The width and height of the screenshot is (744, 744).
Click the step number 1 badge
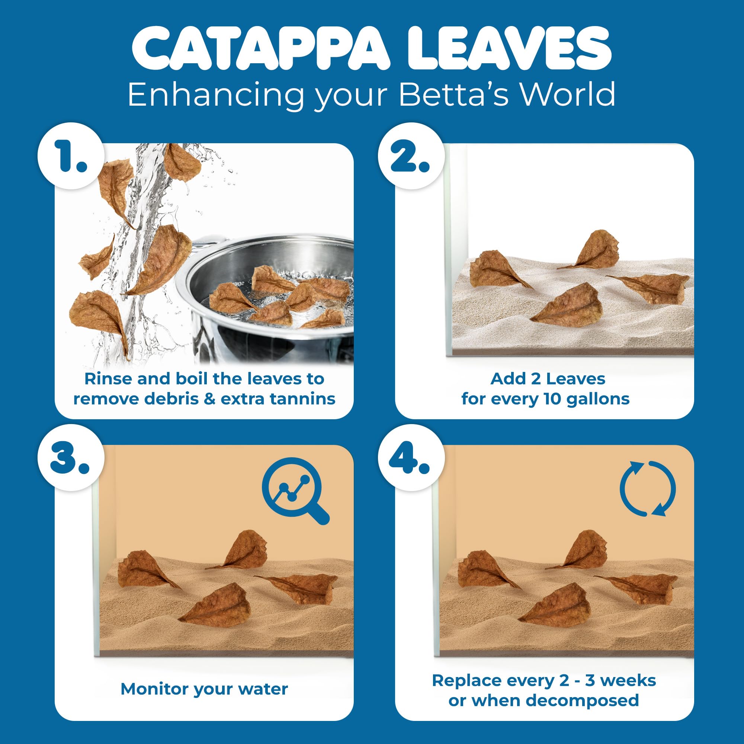click(x=71, y=156)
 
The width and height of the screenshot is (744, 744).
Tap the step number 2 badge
click(x=411, y=156)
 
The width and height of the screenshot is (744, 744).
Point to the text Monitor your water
click(x=204, y=689)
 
